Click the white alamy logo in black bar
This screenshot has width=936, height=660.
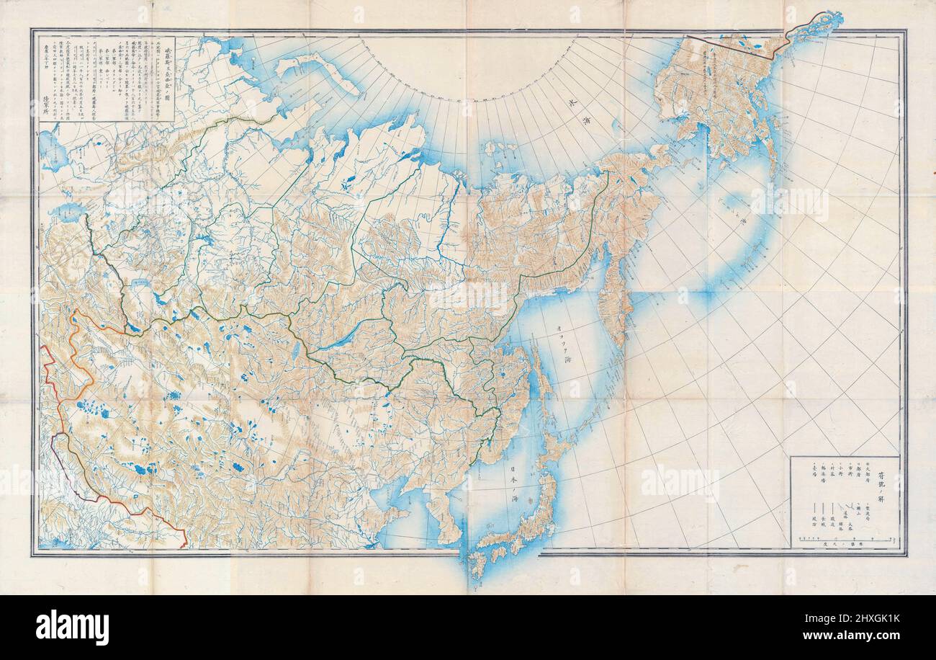tap(72, 627)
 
